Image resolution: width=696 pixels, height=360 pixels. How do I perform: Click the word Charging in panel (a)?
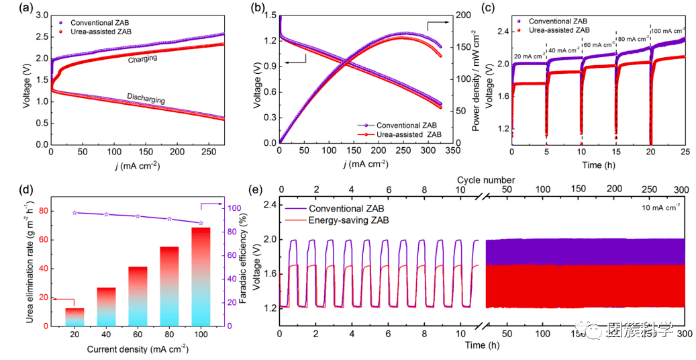[142, 59]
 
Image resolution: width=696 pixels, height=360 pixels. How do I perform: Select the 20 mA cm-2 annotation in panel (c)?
[528, 56]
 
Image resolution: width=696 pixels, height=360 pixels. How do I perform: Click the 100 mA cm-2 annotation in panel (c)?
[668, 31]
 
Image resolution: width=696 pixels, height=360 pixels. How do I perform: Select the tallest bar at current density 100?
[201, 277]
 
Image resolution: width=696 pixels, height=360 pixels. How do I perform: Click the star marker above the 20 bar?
[74, 213]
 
